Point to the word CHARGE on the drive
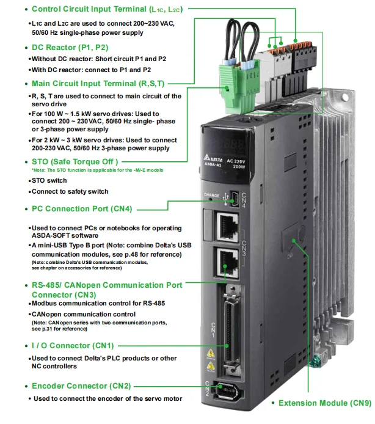click(211, 196)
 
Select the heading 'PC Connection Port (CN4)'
click(82, 208)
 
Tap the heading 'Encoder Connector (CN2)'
click(81, 386)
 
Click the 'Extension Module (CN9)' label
click(324, 403)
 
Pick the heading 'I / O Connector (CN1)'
click(73, 346)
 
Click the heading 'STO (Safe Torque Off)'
click(74, 161)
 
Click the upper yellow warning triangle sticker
click(211, 354)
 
